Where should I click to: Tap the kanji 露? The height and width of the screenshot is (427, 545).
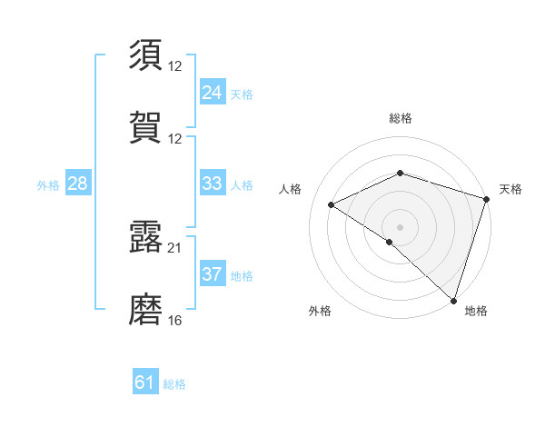click(x=146, y=236)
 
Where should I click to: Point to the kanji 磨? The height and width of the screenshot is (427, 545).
click(x=146, y=310)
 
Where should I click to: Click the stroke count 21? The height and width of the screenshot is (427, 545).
click(x=175, y=247)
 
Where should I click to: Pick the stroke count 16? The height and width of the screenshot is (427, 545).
click(x=175, y=321)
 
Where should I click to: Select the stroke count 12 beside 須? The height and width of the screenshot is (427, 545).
click(x=175, y=65)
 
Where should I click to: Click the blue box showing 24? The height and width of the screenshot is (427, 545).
click(x=212, y=92)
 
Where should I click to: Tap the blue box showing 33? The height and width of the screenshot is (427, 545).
click(x=212, y=184)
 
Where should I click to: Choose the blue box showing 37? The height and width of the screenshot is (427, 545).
click(x=212, y=274)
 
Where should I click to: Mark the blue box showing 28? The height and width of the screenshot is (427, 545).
click(x=78, y=184)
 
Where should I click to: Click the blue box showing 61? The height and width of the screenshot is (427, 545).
click(x=145, y=382)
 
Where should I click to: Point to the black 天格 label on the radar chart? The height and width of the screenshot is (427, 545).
click(x=510, y=189)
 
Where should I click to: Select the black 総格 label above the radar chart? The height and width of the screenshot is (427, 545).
click(x=401, y=118)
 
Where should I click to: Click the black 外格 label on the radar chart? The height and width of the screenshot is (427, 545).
click(x=320, y=311)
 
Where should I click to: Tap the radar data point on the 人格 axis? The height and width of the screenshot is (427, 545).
click(x=332, y=205)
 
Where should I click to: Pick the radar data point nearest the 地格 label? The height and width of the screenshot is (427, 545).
click(x=454, y=300)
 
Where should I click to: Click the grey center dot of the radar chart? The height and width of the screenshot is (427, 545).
click(x=401, y=226)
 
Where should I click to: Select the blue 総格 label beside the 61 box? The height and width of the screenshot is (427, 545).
click(x=174, y=384)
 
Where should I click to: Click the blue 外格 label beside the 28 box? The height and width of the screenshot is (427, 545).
click(x=48, y=185)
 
